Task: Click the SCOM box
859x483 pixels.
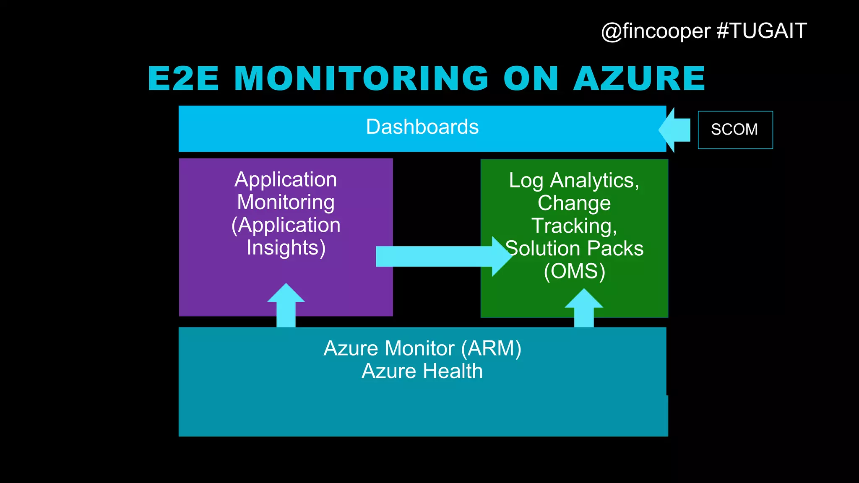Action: point(735,130)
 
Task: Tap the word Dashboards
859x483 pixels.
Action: point(422,127)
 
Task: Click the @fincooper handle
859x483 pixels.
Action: point(656,31)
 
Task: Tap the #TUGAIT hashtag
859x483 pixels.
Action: point(762,31)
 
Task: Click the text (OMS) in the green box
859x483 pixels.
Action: point(574,271)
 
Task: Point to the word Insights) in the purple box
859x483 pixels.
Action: point(286,247)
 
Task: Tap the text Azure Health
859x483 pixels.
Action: point(422,371)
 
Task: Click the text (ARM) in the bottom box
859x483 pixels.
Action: point(491,348)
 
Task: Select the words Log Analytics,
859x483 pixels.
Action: point(574,180)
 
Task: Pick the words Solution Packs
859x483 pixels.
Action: point(574,248)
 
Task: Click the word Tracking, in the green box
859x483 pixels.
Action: point(574,226)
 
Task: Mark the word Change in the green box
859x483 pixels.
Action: point(574,203)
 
